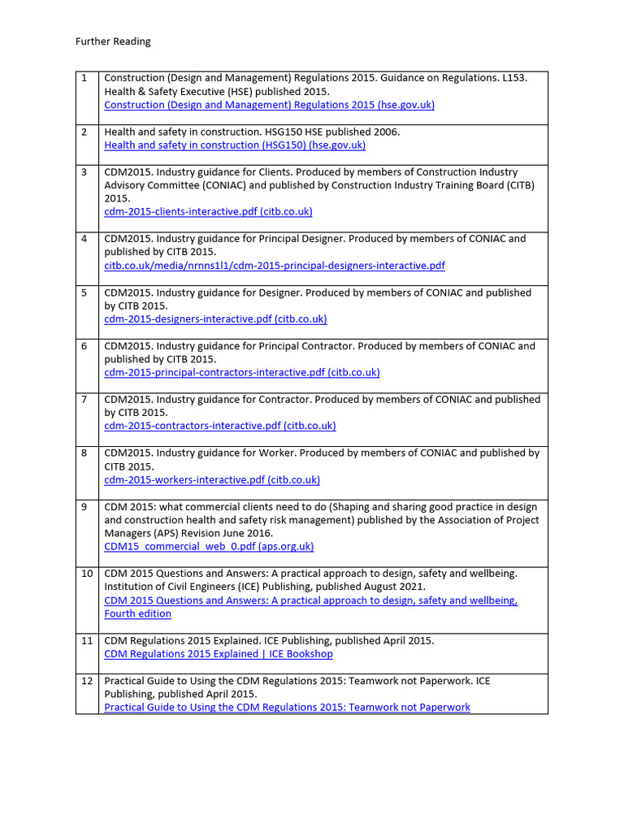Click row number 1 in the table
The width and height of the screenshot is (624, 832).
click(84, 78)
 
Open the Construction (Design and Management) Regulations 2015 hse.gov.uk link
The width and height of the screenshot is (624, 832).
click(269, 105)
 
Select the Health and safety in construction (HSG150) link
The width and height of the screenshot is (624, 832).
click(235, 145)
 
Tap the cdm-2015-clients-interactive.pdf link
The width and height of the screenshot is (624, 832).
click(208, 212)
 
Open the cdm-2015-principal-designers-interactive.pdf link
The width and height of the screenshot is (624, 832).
click(275, 266)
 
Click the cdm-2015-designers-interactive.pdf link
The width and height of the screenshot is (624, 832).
click(215, 319)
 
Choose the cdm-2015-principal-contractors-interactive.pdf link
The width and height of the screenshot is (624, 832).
click(242, 373)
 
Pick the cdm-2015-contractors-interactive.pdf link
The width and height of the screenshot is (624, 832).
click(220, 426)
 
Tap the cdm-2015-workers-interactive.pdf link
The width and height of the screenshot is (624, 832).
click(212, 480)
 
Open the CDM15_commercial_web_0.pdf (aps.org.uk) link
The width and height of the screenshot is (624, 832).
click(209, 547)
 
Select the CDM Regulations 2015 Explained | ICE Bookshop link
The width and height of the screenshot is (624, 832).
click(219, 654)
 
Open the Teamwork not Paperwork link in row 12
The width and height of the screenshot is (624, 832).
click(287, 708)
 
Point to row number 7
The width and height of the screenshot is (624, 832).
click(84, 400)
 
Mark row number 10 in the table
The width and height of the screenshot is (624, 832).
click(87, 574)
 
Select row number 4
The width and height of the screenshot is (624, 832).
click(84, 239)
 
